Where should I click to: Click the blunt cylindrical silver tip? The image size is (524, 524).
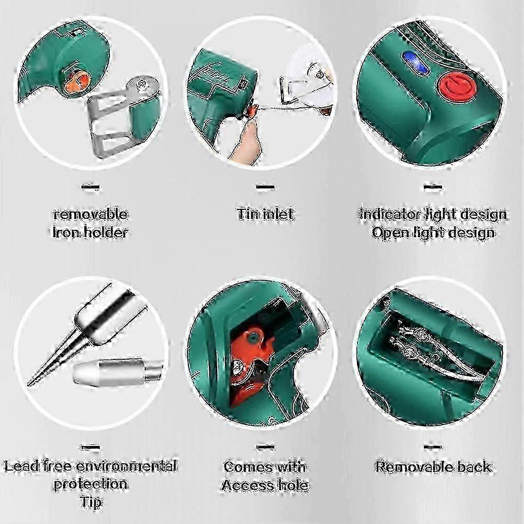click(x=113, y=372)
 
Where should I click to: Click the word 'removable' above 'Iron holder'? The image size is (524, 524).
click(x=90, y=214)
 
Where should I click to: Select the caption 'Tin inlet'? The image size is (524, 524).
click(x=265, y=214)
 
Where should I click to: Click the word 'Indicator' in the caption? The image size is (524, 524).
click(x=390, y=214)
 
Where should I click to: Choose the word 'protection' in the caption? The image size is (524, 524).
click(x=91, y=484)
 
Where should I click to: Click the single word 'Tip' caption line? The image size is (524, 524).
click(x=91, y=502)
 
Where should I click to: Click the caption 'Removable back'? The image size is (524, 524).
click(x=433, y=466)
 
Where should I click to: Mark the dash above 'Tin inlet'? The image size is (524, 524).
click(x=265, y=186)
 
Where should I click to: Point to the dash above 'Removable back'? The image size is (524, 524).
click(x=432, y=447)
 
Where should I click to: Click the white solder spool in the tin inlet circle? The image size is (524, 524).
click(x=306, y=79)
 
